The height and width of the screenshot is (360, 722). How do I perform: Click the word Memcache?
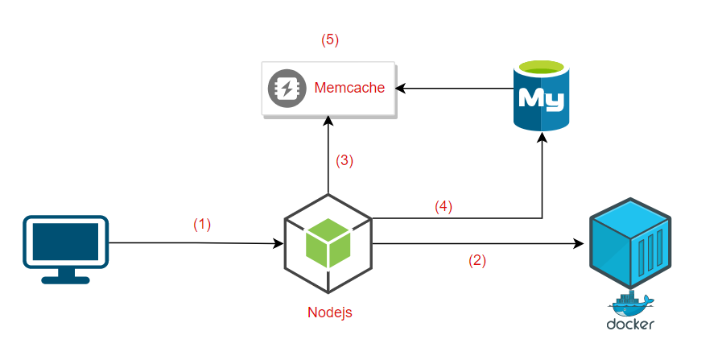coord(349,88)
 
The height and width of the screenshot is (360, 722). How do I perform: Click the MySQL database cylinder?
coord(541,95)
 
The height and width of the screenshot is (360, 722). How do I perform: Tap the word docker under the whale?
coord(630,325)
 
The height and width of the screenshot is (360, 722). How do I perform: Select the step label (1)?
coord(202,226)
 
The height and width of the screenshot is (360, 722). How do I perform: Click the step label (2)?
coord(477,260)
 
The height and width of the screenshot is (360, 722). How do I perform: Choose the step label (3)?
coord(344,159)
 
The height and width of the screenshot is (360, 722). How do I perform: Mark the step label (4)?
coord(444,206)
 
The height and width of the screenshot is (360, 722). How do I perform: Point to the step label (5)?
coord(331,39)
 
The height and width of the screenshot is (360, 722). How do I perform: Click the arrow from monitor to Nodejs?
coord(193,242)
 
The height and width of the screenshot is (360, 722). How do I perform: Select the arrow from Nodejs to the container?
coord(475,242)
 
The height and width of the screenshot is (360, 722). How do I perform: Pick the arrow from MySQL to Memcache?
coord(455,89)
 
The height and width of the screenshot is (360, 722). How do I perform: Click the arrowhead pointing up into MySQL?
coord(541,139)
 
